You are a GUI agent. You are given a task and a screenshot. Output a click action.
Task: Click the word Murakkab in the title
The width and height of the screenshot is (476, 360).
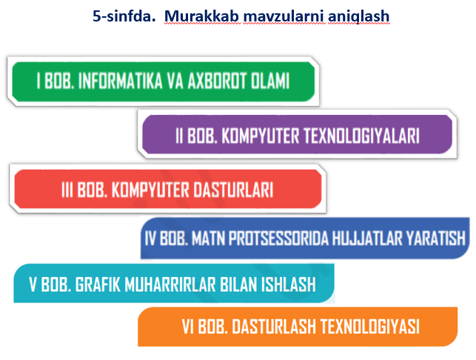point(201,16)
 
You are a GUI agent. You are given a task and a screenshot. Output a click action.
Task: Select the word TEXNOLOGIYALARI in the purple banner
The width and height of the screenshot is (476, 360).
point(361,136)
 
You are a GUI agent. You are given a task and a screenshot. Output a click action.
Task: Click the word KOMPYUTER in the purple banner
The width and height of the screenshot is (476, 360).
point(261,136)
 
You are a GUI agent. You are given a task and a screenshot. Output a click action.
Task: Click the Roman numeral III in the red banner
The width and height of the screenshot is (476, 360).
point(67,190)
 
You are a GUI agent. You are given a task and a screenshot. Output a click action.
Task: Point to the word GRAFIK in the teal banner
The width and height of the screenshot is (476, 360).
point(98,284)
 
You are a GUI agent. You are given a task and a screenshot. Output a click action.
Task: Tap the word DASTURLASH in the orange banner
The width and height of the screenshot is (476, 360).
point(274,327)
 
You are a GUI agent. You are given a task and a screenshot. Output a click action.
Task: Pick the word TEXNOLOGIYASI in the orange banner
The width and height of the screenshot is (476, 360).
point(369,327)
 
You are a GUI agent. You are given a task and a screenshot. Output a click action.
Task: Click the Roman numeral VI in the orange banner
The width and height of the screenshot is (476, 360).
point(188,327)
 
